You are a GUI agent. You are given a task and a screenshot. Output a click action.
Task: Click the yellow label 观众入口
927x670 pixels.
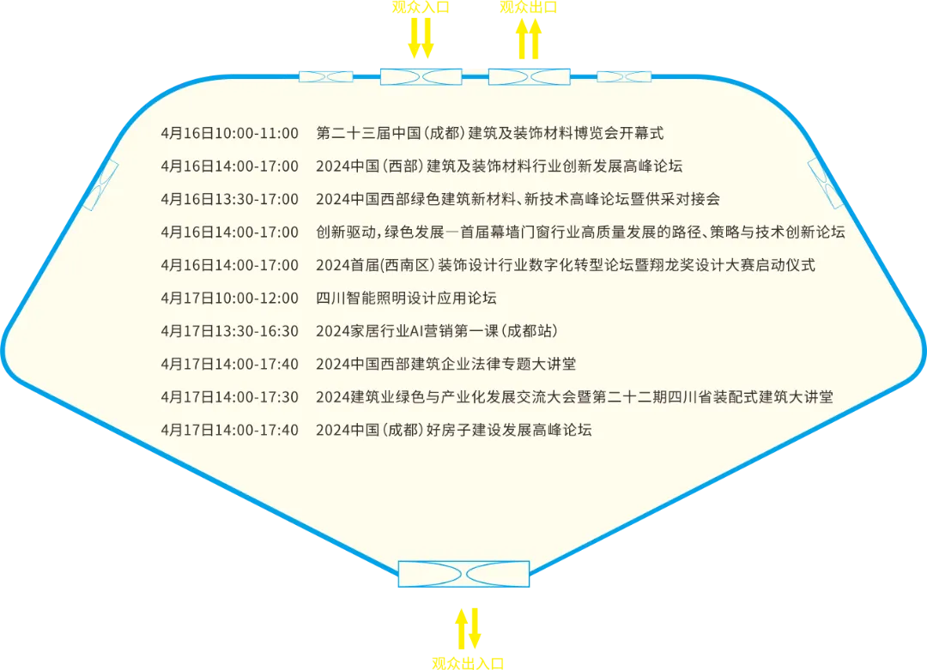(421, 7)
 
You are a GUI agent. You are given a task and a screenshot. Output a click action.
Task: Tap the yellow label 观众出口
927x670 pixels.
(529, 7)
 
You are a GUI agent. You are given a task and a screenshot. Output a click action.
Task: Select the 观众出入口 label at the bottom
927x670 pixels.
(468, 663)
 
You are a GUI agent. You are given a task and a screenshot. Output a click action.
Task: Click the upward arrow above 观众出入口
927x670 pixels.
(461, 629)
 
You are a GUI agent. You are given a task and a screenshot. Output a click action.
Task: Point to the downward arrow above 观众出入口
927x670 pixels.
(474, 628)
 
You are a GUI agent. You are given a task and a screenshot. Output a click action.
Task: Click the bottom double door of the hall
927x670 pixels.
(463, 574)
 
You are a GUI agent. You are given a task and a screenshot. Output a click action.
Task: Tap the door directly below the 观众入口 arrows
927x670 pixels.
(421, 77)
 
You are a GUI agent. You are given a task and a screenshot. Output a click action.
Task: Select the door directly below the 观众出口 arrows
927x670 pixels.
(529, 77)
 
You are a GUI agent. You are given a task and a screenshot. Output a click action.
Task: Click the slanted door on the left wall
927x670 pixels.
(101, 185)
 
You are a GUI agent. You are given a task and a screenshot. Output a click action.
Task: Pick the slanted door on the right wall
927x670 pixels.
(826, 184)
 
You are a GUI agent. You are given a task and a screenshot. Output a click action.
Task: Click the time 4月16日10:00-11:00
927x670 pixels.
(229, 133)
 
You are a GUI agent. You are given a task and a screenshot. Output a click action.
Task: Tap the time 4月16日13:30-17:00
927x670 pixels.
(229, 199)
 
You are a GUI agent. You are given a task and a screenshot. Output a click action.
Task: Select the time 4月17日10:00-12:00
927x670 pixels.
(229, 298)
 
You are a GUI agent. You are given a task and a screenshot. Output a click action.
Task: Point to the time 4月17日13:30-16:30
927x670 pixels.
(229, 331)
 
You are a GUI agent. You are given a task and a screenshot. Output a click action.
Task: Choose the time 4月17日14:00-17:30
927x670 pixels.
(229, 397)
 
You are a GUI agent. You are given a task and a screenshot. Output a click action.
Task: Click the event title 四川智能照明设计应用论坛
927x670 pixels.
(406, 298)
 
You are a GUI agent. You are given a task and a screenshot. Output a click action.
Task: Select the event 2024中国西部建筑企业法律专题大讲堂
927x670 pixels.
(445, 364)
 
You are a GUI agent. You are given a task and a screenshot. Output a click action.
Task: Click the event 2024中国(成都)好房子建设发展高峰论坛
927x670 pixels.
(453, 430)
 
